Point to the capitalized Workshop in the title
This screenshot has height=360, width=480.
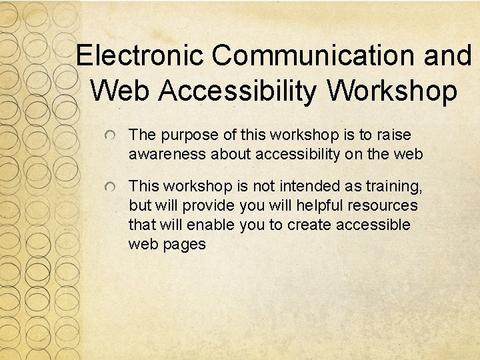393,91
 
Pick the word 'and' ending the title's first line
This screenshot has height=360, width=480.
448,56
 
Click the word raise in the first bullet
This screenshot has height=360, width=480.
393,135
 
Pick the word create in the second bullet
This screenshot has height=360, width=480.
309,225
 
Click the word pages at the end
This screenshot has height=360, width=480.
186,245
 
